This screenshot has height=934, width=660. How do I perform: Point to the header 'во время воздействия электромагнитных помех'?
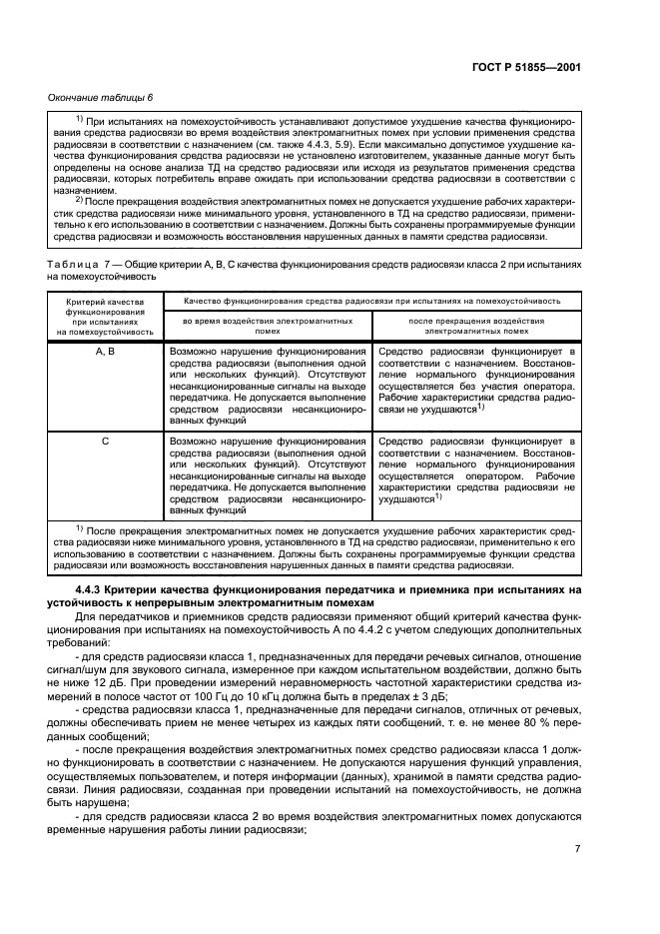[267, 326]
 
